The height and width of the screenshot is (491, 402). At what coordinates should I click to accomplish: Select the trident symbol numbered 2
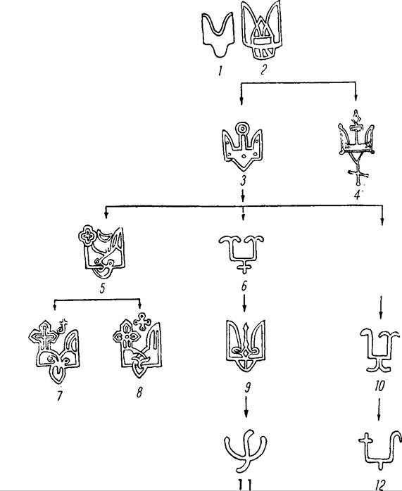pos(262,31)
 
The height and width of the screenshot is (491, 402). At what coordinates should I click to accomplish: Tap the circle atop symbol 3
pos(242,129)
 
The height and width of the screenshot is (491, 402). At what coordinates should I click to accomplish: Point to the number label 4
pos(357,195)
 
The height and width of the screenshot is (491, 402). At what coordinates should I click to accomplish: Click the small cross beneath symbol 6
pos(244,267)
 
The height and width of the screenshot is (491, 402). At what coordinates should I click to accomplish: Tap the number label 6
pos(244,286)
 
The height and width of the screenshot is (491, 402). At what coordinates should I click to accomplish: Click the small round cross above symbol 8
pos(142,321)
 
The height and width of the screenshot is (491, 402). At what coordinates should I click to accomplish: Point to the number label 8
pos(139,392)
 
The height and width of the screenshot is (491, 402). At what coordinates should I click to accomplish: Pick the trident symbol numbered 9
pos(246,345)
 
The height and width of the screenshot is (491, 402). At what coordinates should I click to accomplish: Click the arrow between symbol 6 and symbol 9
pos(244,302)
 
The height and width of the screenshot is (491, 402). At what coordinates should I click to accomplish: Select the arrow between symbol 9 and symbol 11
pos(246,407)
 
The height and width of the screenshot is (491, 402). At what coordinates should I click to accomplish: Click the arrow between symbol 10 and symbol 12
pos(379,409)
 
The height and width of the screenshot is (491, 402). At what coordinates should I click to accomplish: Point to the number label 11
pos(244,485)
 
